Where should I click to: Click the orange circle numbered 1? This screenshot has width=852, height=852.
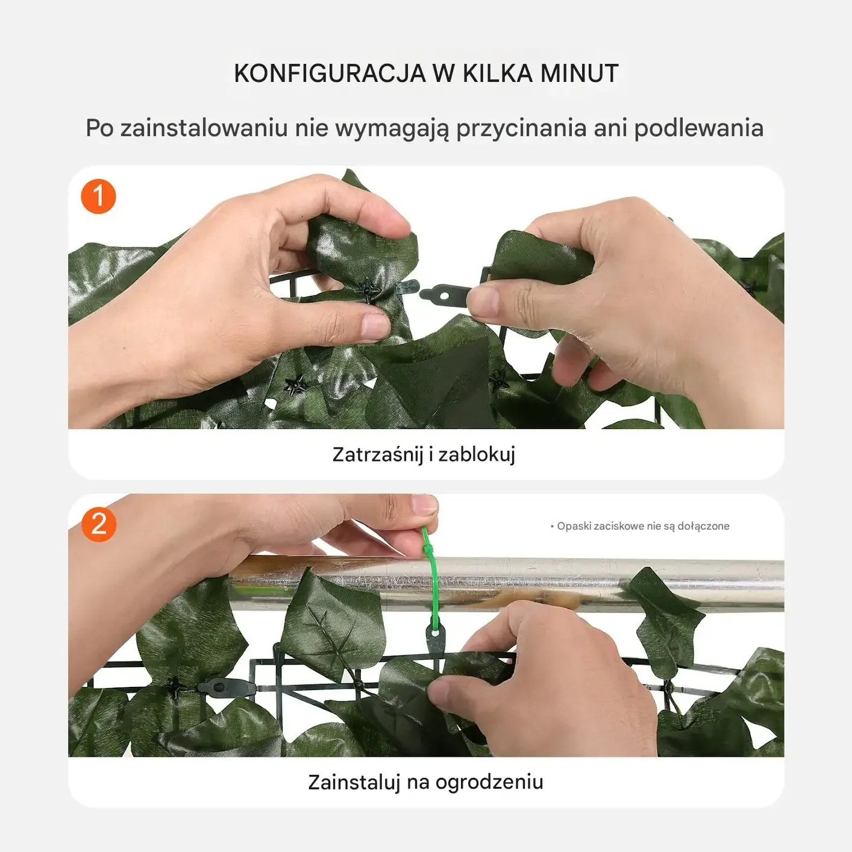point(98,196)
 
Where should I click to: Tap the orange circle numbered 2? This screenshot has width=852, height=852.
point(99,524)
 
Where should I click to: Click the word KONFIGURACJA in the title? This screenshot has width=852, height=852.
point(330,74)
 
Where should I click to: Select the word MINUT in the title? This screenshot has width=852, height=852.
point(579,74)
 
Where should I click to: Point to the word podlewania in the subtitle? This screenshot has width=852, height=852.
point(698,129)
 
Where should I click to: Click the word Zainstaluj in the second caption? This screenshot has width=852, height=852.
point(354,782)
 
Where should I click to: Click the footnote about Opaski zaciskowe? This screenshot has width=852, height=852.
point(640,526)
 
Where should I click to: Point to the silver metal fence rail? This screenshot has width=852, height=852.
point(509,584)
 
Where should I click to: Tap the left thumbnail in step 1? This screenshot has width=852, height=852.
point(375,327)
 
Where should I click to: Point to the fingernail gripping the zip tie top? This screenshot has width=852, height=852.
point(424,505)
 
